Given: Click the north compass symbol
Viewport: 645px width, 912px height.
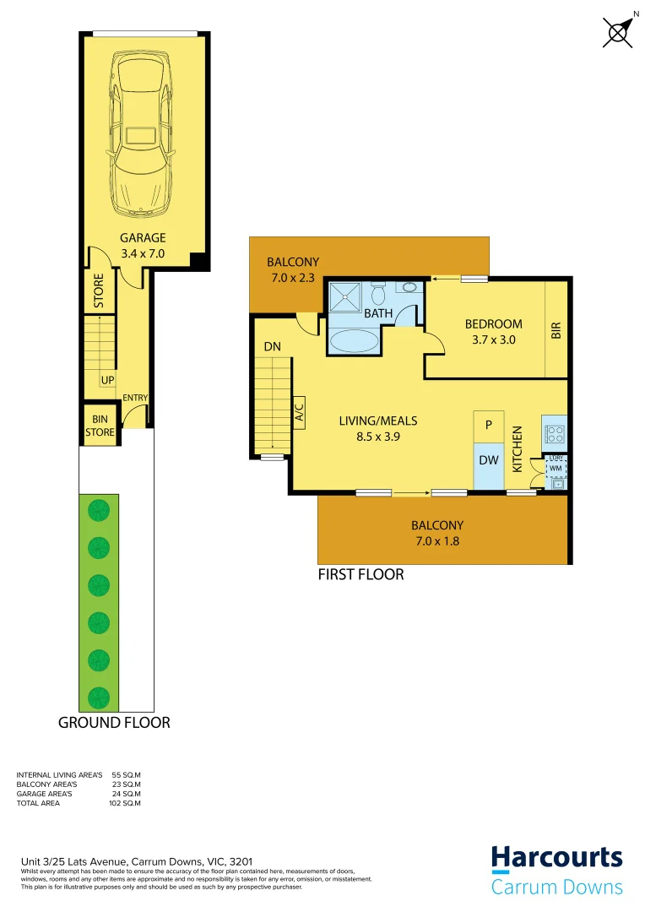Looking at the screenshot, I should click(620, 32).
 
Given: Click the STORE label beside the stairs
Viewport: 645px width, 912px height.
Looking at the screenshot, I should click(98, 290).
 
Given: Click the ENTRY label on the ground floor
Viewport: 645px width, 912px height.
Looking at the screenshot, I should click(135, 399).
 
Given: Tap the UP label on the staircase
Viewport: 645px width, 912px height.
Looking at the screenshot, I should click(107, 381).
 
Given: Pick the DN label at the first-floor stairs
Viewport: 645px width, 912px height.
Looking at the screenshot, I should click(272, 346).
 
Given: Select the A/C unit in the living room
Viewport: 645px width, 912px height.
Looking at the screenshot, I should click(299, 410).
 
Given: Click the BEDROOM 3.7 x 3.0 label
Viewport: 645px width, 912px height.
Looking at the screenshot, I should click(493, 331).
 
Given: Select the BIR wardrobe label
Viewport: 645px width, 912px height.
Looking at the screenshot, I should click(556, 330).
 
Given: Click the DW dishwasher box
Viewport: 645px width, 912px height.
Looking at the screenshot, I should click(488, 460).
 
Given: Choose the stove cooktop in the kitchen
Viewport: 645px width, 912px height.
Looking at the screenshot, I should click(556, 434).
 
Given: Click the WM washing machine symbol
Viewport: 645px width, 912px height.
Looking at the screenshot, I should click(556, 466).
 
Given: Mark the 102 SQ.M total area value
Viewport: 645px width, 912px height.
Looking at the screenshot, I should click(126, 803).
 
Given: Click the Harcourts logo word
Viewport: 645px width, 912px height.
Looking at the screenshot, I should click(557, 859).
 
